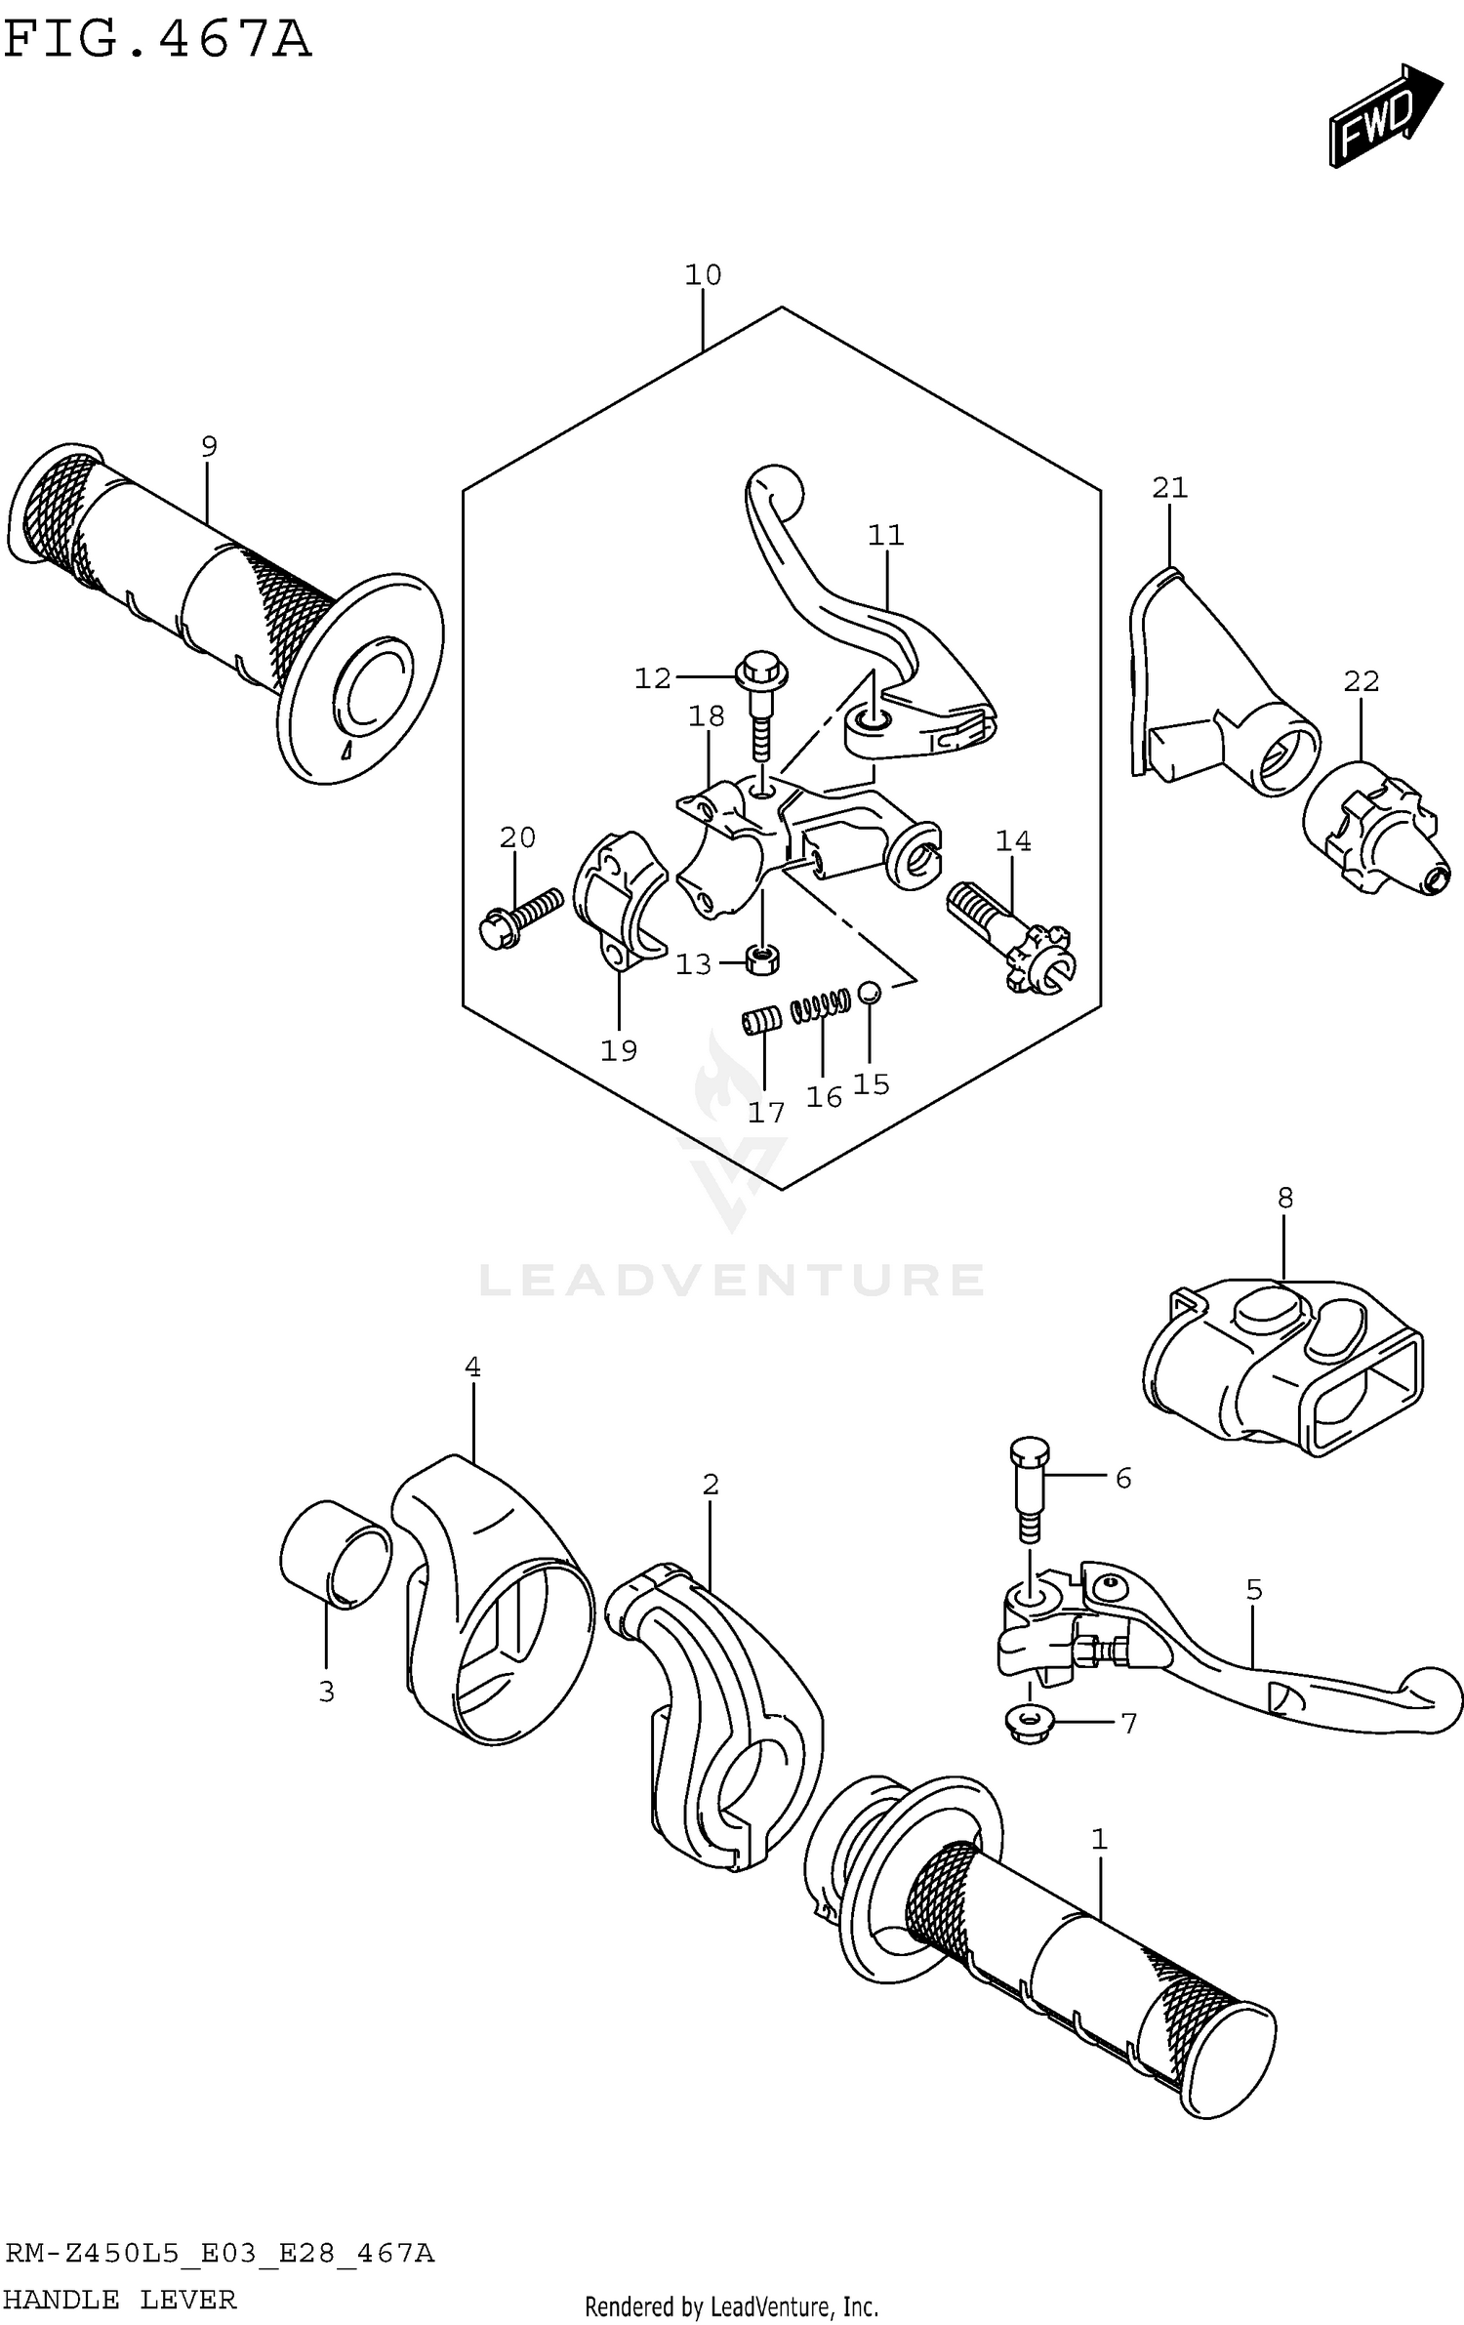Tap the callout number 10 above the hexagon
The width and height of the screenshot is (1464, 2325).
click(x=702, y=275)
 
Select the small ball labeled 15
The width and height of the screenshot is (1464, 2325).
click(x=869, y=994)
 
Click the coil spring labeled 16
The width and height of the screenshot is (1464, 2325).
click(x=820, y=1005)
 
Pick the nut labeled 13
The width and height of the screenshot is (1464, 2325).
click(x=762, y=959)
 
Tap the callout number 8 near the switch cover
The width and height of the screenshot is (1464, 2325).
click(x=1284, y=1198)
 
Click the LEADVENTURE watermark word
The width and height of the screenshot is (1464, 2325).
click(x=732, y=1280)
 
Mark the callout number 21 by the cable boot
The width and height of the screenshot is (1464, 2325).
click(x=1169, y=487)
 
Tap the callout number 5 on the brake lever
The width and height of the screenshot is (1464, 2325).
click(x=1254, y=1590)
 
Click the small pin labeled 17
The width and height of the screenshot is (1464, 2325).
click(x=761, y=1021)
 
